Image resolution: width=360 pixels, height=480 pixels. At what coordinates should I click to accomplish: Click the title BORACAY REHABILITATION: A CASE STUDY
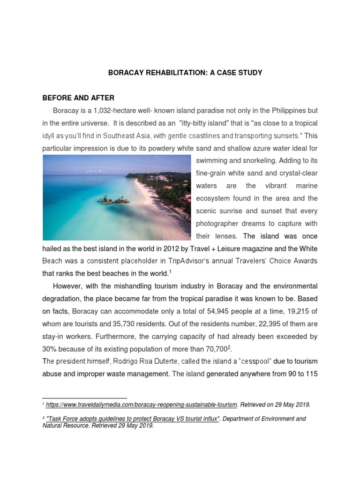pos(185,73)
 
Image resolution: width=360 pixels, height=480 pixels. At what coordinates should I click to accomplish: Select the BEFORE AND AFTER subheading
pos(78,98)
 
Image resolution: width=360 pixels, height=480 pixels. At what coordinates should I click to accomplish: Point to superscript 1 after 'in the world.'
pos(170,271)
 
